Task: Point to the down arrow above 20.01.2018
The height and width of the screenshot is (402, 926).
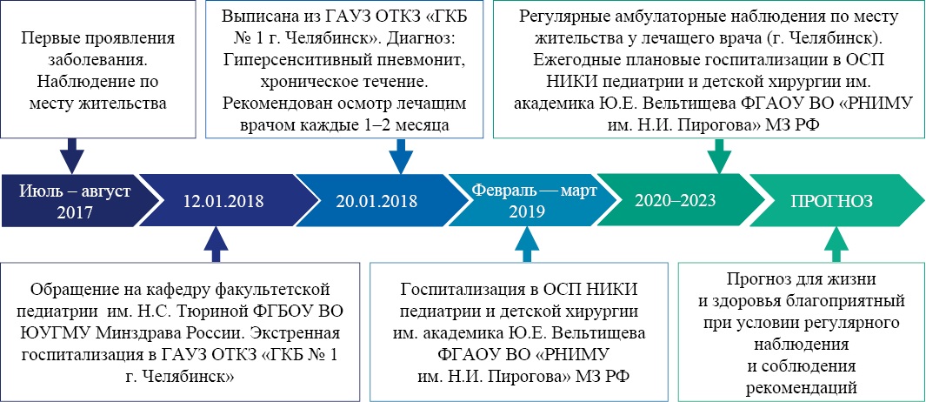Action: tap(402, 155)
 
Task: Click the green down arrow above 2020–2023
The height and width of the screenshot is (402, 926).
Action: tap(719, 156)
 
